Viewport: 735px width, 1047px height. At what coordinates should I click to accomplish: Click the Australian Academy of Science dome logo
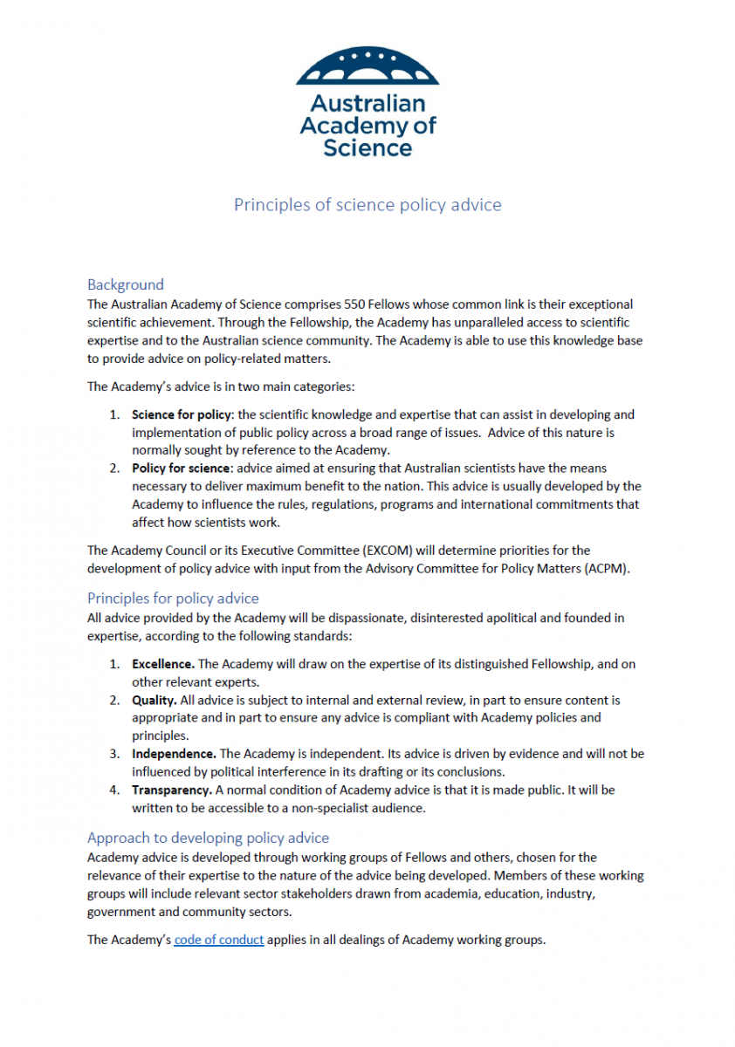tap(367, 67)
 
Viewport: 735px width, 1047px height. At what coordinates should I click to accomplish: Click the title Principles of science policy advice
tap(367, 205)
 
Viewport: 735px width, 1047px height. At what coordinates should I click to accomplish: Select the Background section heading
tap(126, 284)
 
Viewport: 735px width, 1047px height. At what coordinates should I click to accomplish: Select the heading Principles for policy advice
tap(173, 598)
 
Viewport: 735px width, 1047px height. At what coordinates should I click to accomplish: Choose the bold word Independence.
tap(174, 753)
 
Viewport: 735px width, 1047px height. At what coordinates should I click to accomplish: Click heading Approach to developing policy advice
tap(208, 838)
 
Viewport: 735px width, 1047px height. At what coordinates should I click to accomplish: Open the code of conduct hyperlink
tap(219, 940)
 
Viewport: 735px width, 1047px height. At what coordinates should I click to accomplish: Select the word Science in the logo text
tap(367, 147)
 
